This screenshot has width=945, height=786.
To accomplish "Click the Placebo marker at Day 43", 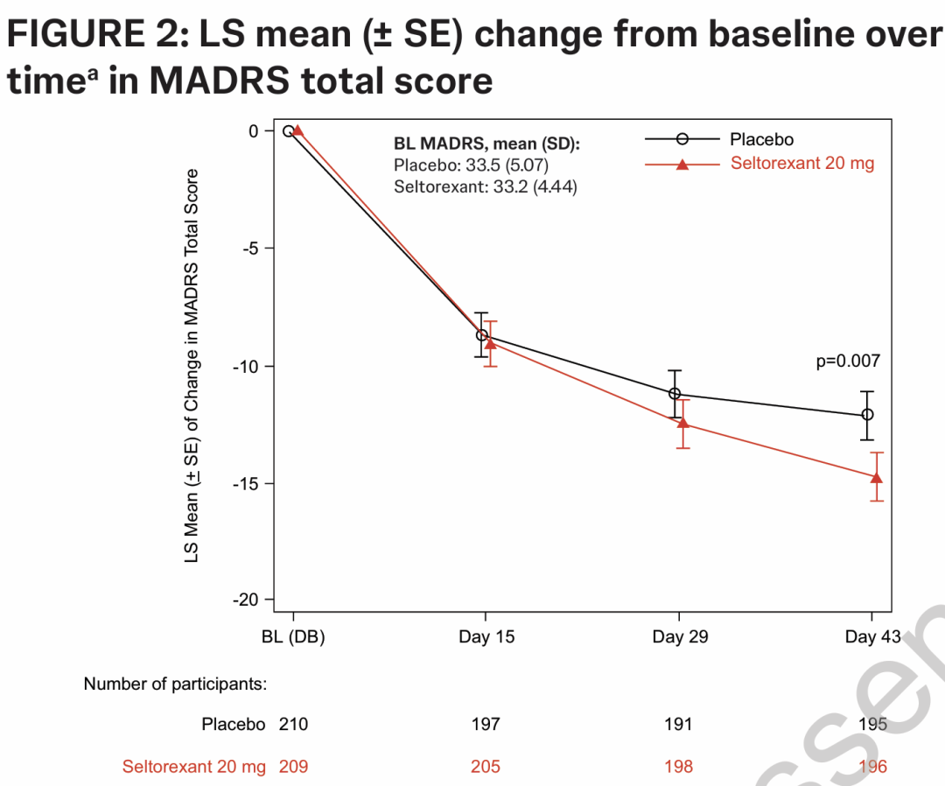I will pos(867,415).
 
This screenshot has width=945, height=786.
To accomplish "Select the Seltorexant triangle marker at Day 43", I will pos(876,477).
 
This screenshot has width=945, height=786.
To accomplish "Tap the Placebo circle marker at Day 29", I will pos(675,394).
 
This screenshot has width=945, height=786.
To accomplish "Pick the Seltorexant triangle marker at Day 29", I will pos(683,423).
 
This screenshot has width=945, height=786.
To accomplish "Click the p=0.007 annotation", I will pos(848,361).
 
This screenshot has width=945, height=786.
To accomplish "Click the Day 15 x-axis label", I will pos(486,637).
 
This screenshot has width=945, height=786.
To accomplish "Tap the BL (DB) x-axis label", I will pos(293,637).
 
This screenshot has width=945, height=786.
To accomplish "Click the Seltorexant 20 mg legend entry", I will pos(801,164).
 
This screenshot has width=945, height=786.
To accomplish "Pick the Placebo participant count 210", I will pos(293,725).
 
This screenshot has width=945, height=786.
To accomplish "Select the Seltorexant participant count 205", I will pos(486,767).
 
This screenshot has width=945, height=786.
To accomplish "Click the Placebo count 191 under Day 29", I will pos(678,725).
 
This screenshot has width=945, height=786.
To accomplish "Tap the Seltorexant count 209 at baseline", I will pos(293,767).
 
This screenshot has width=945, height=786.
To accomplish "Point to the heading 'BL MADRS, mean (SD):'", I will pos(486,143).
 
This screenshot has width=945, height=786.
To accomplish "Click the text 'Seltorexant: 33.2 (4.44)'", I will pos(485,186).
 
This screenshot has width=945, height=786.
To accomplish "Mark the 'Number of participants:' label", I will pos(175,684).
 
